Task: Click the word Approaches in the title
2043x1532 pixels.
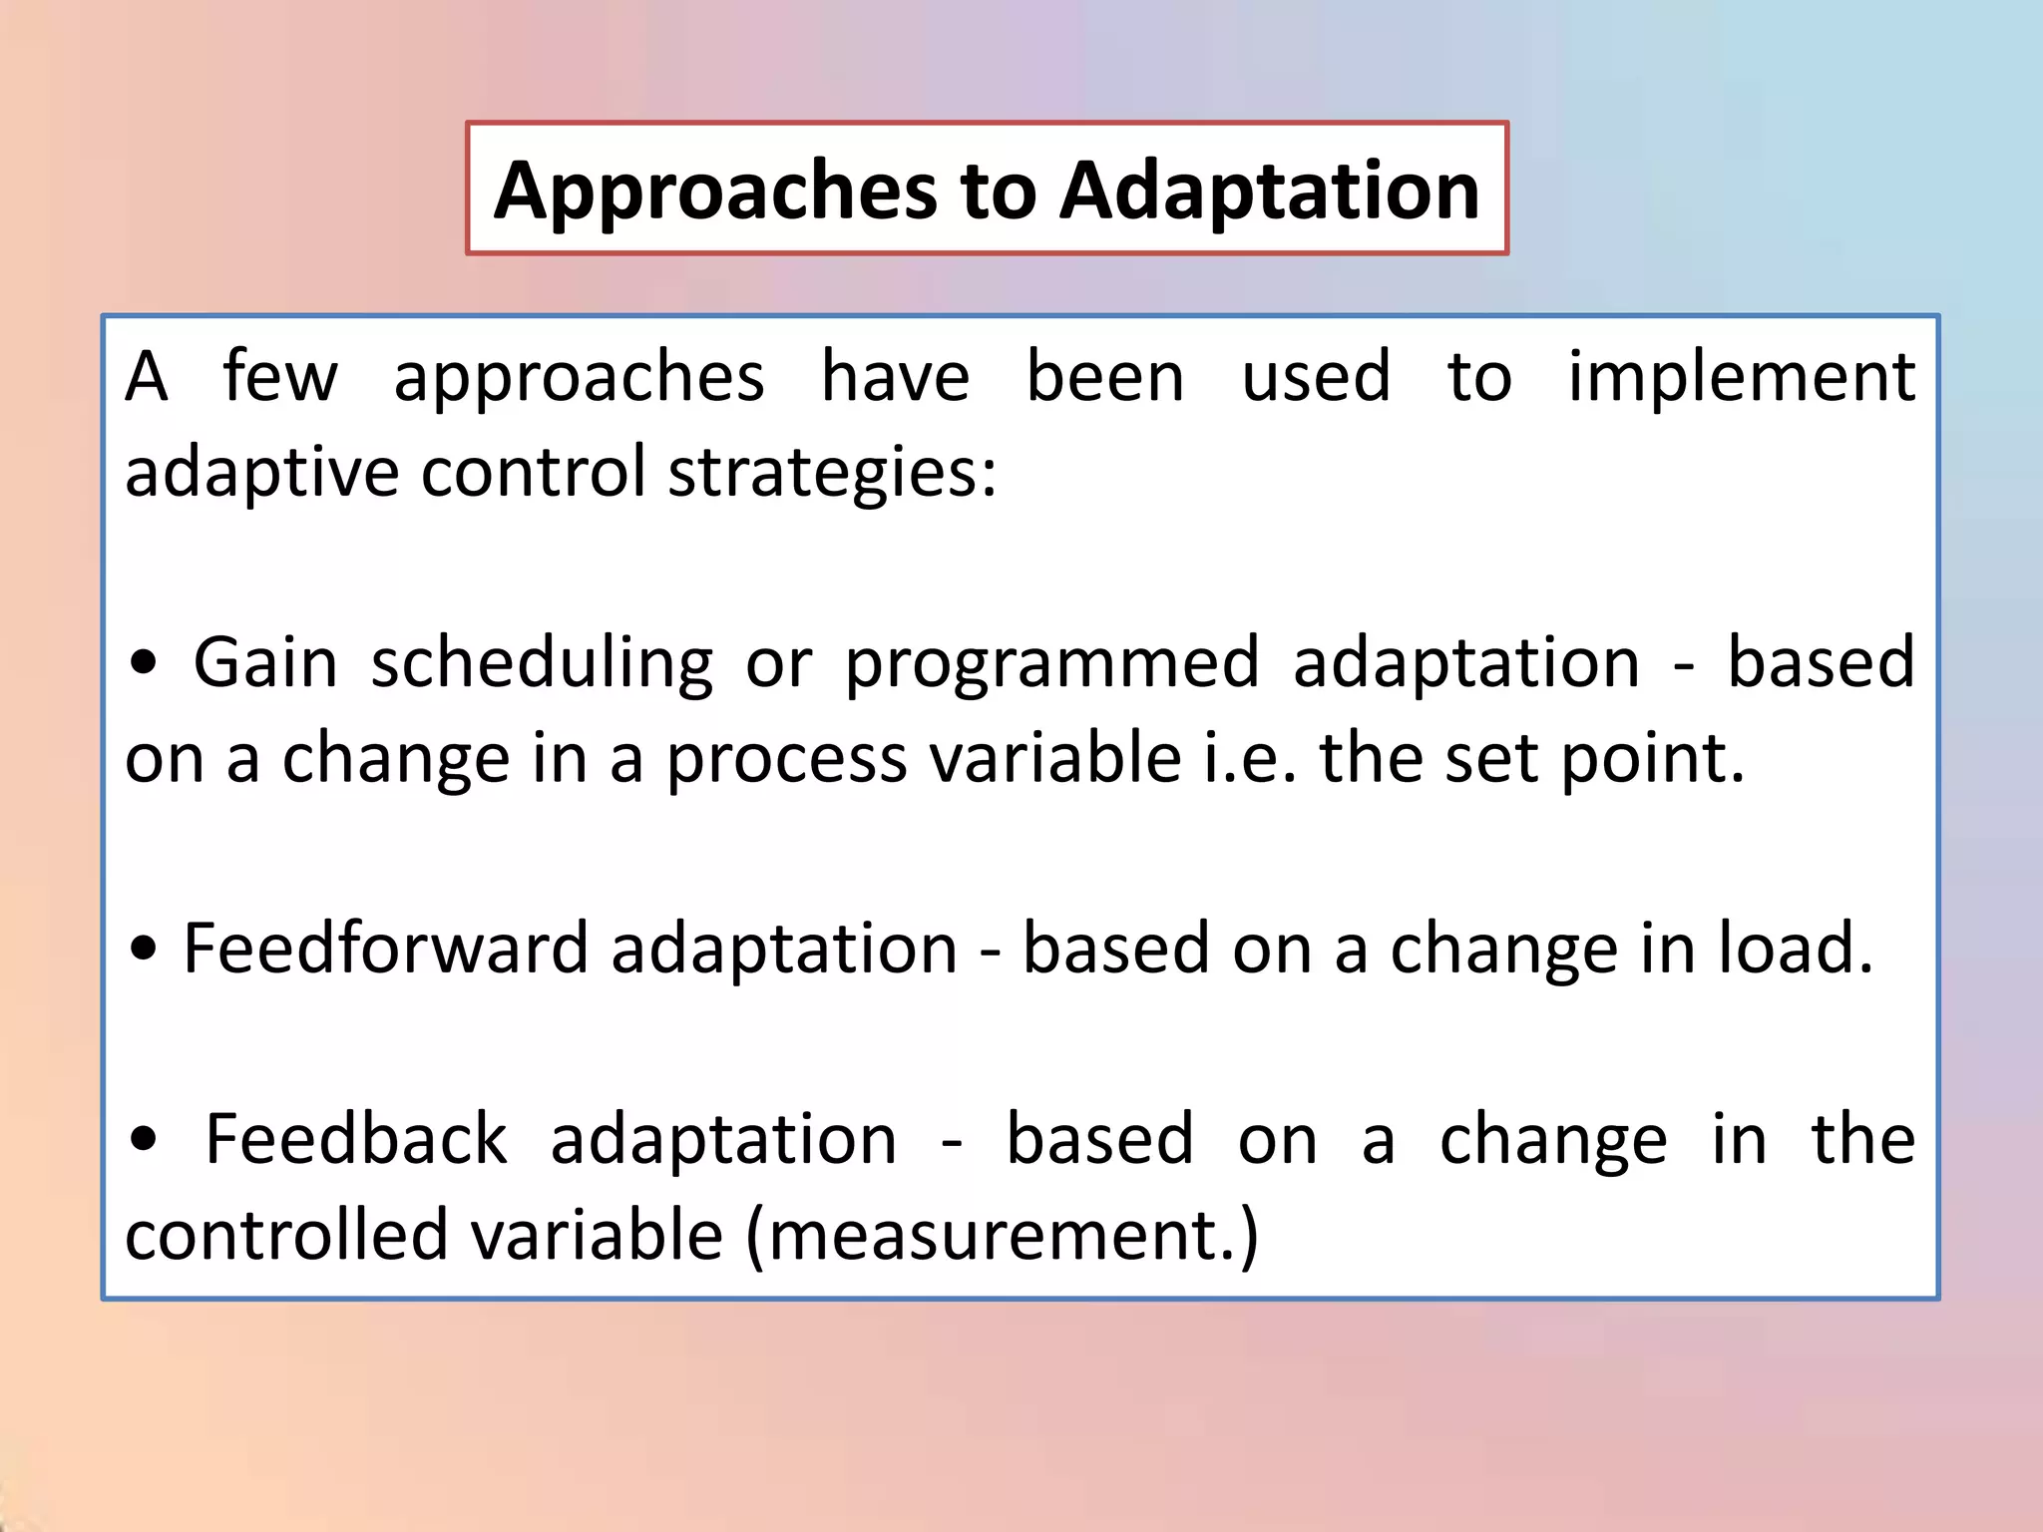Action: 714,191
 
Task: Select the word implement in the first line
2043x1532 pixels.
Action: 1741,379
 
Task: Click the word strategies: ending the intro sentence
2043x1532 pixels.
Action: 832,474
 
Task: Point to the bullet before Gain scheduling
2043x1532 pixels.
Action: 144,664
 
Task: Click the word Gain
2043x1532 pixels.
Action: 265,663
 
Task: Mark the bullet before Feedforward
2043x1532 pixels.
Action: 144,950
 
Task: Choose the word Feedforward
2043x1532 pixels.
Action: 386,948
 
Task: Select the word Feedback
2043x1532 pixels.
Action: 356,1139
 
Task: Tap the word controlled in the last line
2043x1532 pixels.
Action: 286,1235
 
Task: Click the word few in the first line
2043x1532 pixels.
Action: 280,377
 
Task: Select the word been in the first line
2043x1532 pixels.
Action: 1105,377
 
